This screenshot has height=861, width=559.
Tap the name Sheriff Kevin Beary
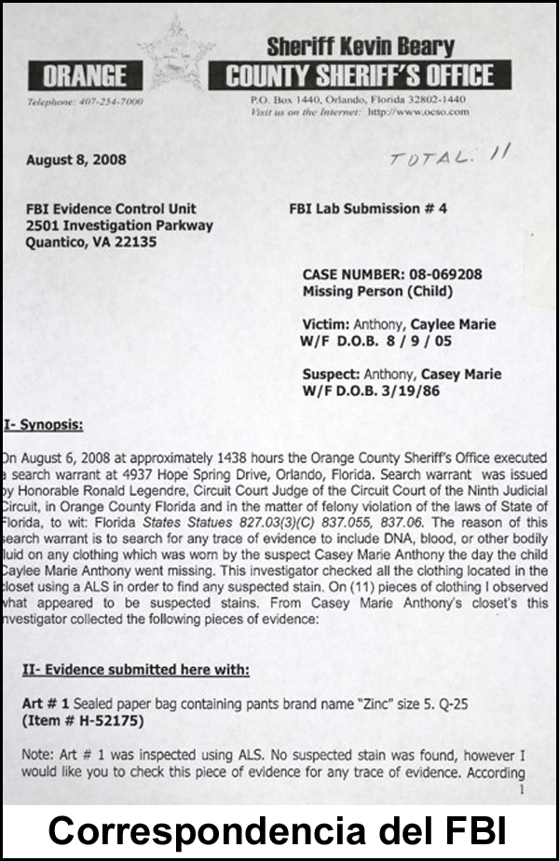(x=361, y=45)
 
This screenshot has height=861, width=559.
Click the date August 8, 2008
(x=76, y=159)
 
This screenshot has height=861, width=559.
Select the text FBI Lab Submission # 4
(x=368, y=209)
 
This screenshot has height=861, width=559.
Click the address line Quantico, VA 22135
(x=91, y=242)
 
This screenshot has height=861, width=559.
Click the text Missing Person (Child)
(x=377, y=291)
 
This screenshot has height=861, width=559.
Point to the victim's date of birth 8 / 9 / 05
(x=419, y=341)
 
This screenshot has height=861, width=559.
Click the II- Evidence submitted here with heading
(x=135, y=669)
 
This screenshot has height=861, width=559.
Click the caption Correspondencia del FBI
(x=279, y=830)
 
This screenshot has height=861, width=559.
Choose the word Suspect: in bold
(x=332, y=375)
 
